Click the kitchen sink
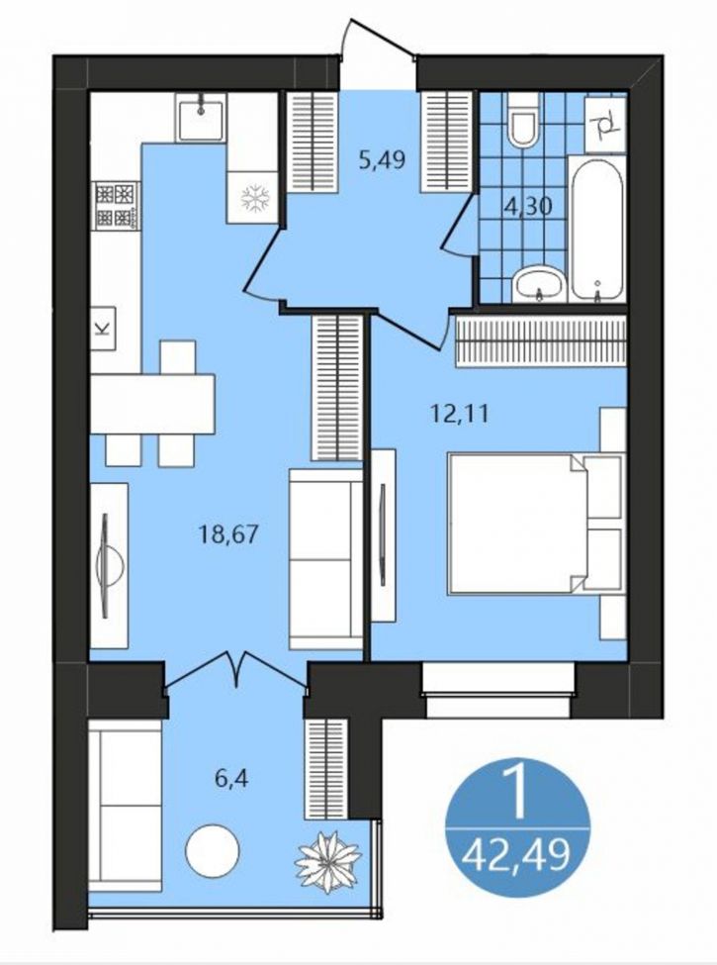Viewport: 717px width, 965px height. click(201, 118)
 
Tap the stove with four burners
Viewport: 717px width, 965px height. click(117, 206)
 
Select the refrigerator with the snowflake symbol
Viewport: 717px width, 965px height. click(253, 197)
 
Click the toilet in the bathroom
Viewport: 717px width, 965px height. click(523, 120)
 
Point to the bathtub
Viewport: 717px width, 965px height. click(596, 229)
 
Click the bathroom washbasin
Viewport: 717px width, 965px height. click(539, 284)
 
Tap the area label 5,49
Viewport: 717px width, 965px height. click(382, 160)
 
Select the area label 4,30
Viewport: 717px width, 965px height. click(527, 206)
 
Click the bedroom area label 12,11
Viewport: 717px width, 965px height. click(459, 413)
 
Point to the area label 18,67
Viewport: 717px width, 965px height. click(228, 534)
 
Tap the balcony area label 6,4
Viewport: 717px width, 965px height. click(231, 780)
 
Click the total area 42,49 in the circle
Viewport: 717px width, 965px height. click(516, 855)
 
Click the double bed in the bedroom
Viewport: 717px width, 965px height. click(536, 524)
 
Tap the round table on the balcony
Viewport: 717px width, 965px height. click(213, 851)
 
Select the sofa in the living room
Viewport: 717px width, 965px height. click(325, 558)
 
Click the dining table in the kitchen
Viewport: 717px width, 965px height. click(152, 404)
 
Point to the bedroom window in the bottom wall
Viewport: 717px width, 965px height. click(498, 689)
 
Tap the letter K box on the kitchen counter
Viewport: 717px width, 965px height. click(103, 328)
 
